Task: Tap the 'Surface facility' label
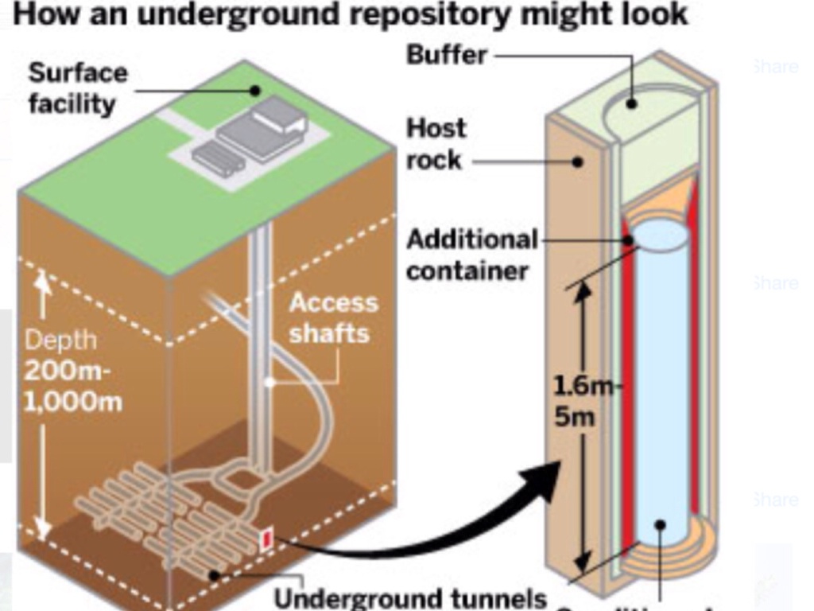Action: point(77,88)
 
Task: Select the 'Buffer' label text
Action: point(446,55)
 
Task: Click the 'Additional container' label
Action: point(471,255)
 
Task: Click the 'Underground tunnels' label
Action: point(410,597)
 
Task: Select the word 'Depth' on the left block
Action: point(60,340)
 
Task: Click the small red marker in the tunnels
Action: point(267,540)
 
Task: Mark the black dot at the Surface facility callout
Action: point(254,90)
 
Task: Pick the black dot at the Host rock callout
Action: point(579,162)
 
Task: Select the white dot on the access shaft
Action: point(270,382)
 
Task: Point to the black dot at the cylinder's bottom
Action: point(659,525)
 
